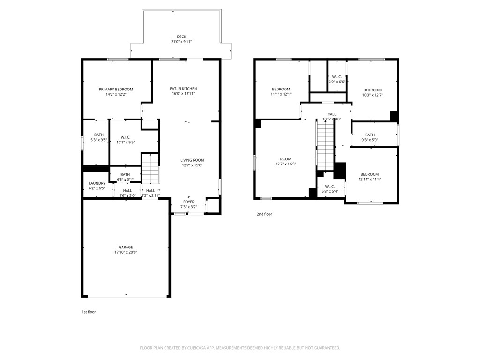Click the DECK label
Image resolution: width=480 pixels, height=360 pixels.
click(181, 37)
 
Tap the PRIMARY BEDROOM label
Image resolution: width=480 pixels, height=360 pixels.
click(116, 90)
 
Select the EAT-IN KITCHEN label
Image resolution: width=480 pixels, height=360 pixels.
click(183, 89)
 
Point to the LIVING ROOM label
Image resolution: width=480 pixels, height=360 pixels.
click(192, 160)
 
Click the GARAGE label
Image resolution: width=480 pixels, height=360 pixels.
click(126, 247)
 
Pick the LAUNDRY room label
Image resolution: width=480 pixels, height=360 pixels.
click(97, 183)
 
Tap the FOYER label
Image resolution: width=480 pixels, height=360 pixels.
click(189, 202)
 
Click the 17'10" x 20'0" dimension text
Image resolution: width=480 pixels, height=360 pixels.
click(126, 252)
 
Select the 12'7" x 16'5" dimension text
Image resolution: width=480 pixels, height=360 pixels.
click(285, 164)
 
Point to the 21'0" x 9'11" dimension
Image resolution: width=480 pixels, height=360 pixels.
click(181, 42)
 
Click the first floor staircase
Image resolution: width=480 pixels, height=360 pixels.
click(150, 169)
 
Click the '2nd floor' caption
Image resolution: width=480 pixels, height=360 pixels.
click(264, 214)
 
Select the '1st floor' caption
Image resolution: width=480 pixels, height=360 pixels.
click(89, 312)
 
